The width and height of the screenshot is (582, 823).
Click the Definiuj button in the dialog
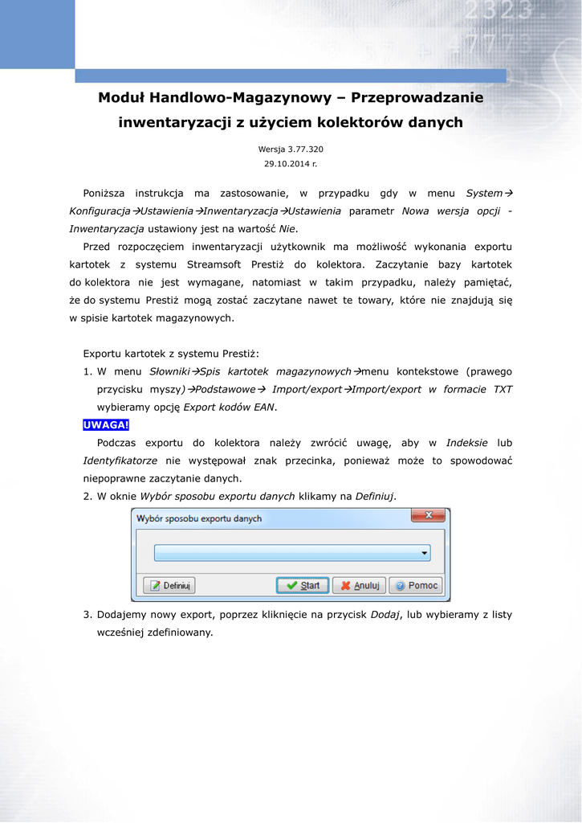169,586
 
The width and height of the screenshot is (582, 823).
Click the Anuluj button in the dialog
359,586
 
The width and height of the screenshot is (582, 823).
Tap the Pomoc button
416,586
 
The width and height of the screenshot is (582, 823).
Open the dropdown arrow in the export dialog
423,554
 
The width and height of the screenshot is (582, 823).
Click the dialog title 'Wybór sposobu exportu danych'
199,519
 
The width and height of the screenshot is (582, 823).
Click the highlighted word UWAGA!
106,425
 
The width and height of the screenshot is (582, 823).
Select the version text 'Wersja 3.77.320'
291,149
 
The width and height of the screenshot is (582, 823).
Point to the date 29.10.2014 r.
291,164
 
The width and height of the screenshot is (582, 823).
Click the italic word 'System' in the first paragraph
484,194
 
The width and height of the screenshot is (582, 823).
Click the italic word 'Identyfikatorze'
120,461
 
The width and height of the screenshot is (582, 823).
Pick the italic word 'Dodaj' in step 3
386,615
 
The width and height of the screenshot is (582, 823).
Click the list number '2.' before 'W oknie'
88,496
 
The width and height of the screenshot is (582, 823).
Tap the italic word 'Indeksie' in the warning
467,443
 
